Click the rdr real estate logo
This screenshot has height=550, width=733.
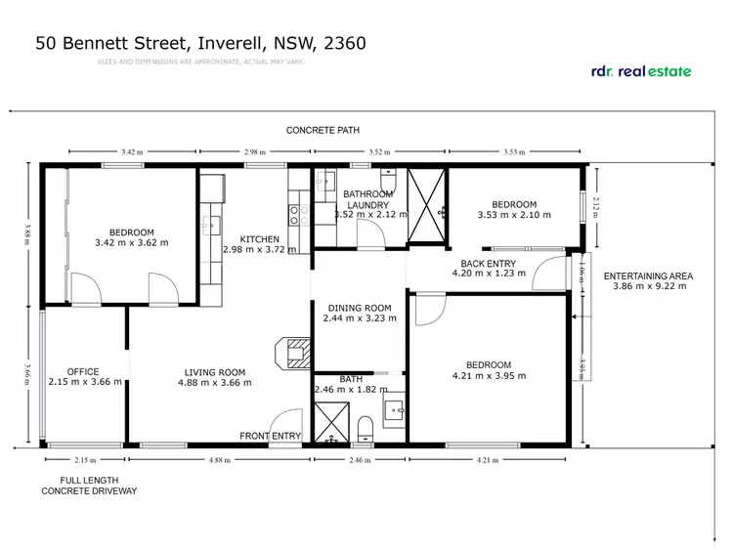click(x=642, y=70)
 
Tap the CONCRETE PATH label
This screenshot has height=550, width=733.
click(x=323, y=130)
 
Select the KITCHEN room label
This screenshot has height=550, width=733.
click(x=251, y=239)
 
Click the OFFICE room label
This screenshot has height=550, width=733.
click(x=83, y=371)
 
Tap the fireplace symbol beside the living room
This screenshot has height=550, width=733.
click(x=297, y=353)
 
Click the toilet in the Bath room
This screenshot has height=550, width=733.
click(x=365, y=427)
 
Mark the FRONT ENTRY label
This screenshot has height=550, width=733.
click(x=271, y=436)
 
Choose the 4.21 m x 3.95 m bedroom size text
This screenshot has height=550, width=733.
click(x=489, y=375)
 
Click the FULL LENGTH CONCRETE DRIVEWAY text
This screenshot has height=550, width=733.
click(x=89, y=486)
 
